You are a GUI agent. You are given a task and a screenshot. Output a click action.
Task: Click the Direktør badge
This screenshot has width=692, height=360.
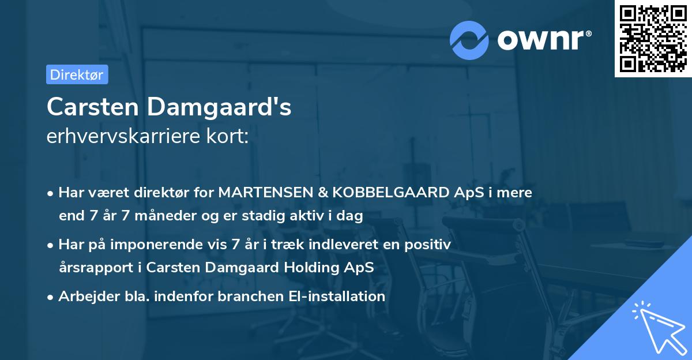click(77, 74)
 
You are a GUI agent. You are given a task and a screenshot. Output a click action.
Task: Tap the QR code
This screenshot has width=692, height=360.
click(653, 38)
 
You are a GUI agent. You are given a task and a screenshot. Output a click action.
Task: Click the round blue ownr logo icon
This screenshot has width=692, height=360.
click(469, 40)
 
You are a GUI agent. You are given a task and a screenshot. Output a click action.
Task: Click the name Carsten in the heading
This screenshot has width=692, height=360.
click(92, 107)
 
